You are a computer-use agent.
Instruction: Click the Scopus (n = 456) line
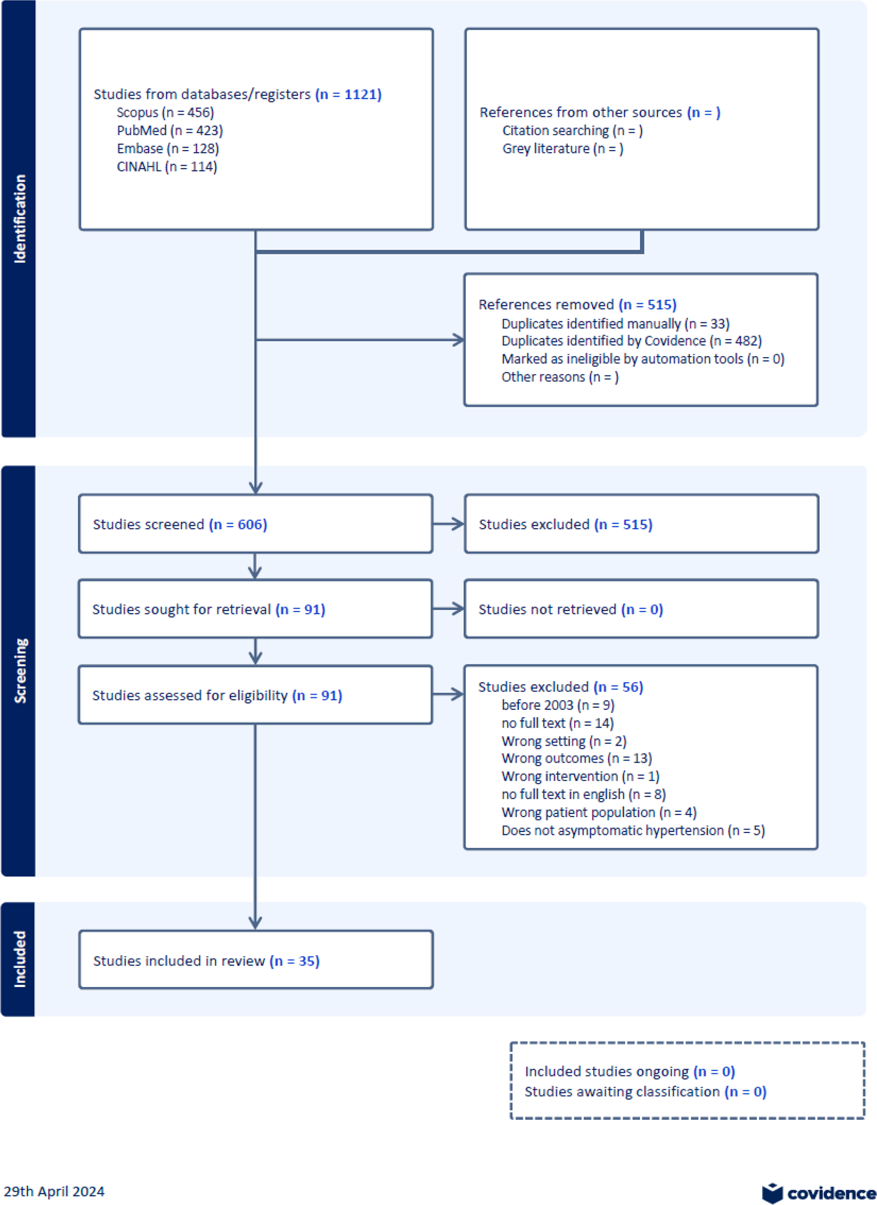pyautogui.click(x=165, y=113)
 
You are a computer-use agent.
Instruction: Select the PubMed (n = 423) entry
pyautogui.click(x=169, y=131)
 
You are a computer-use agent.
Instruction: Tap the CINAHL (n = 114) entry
pyautogui.click(x=167, y=167)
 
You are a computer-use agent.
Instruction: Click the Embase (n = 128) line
pyautogui.click(x=168, y=149)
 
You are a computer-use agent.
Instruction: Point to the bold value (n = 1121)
pyautogui.click(x=348, y=94)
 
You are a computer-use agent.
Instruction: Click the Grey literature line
pyautogui.click(x=563, y=149)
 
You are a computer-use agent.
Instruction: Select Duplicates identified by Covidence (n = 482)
pyautogui.click(x=631, y=341)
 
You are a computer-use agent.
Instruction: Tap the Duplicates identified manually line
pyautogui.click(x=615, y=324)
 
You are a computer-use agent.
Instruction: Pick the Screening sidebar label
pyautogui.click(x=20, y=670)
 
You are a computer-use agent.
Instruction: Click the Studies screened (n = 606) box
pyautogui.click(x=255, y=524)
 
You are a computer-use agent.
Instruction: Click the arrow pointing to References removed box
pyautogui.click(x=457, y=340)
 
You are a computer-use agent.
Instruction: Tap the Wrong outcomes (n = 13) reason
pyautogui.click(x=577, y=759)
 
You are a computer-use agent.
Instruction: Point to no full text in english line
pyautogui.click(x=583, y=795)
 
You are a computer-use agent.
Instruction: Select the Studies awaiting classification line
pyautogui.click(x=645, y=1092)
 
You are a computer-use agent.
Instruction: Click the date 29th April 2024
pyautogui.click(x=54, y=1191)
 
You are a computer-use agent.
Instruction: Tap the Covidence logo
pyautogui.click(x=818, y=1193)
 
